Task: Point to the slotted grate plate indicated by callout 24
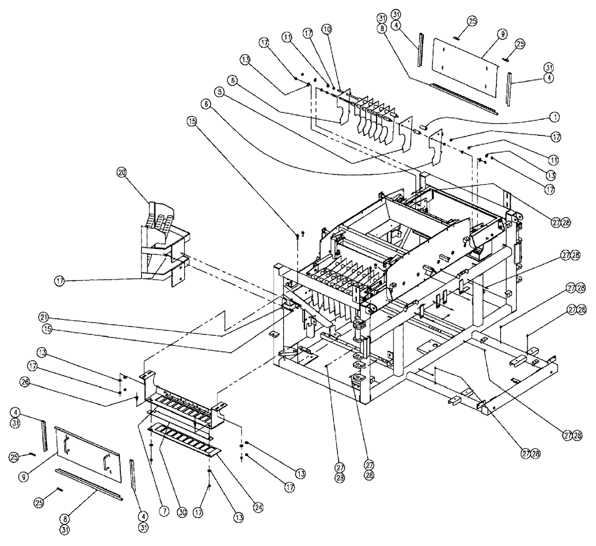point(185,439)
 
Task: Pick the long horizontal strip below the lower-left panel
point(88,483)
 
